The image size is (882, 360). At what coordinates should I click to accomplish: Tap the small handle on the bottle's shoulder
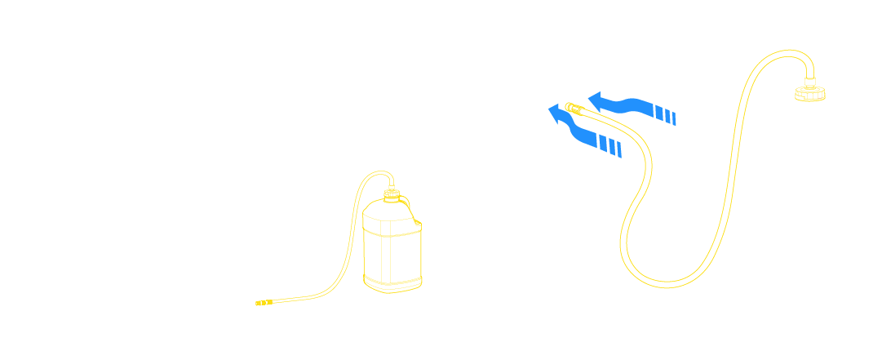[417, 221]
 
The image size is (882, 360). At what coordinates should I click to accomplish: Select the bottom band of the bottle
[393, 282]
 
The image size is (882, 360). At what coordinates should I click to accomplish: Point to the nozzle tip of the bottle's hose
[260, 304]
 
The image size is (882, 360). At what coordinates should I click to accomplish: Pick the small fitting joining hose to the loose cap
[810, 80]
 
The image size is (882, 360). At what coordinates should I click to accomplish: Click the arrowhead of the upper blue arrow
[596, 101]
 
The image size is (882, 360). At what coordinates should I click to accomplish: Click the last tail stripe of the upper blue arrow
[672, 119]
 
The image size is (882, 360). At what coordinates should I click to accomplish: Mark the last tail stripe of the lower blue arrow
[618, 150]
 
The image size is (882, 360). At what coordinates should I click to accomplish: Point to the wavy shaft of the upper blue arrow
[628, 104]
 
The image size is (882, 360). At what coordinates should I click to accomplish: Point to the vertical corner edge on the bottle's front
[390, 253]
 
